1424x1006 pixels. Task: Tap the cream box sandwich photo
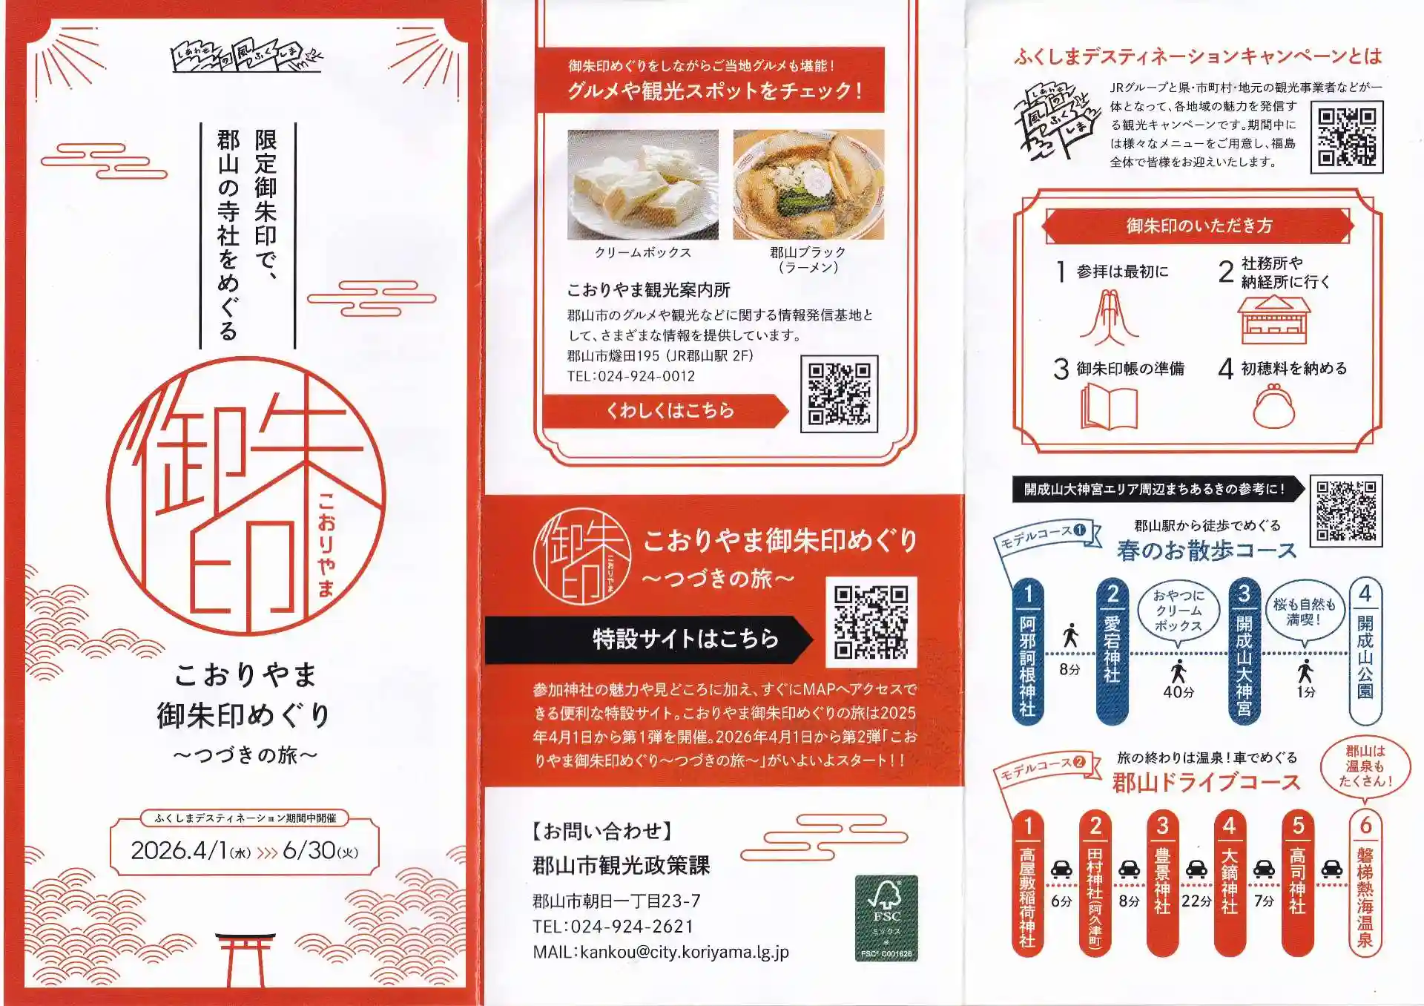pyautogui.click(x=643, y=185)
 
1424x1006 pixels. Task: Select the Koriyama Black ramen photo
pyautogui.click(x=808, y=185)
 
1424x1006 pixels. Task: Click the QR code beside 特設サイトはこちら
pyautogui.click(x=871, y=622)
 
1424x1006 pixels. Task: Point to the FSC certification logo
pyautogui.click(x=886, y=918)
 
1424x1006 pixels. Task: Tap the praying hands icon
pyautogui.click(x=1109, y=318)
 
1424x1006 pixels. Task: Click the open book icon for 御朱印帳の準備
pyautogui.click(x=1109, y=406)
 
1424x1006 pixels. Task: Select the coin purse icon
pyautogui.click(x=1273, y=407)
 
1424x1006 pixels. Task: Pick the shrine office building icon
pyautogui.click(x=1273, y=319)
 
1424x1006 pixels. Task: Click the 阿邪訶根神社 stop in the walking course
pyautogui.click(x=1028, y=651)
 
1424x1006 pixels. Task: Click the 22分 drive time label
pyautogui.click(x=1196, y=901)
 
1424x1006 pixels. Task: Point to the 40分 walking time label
pyautogui.click(x=1179, y=692)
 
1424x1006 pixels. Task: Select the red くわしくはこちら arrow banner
pyautogui.click(x=665, y=410)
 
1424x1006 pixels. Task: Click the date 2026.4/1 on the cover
pyautogui.click(x=179, y=850)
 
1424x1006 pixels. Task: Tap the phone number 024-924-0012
pyautogui.click(x=646, y=376)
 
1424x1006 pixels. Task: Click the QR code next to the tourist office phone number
pyautogui.click(x=839, y=393)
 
